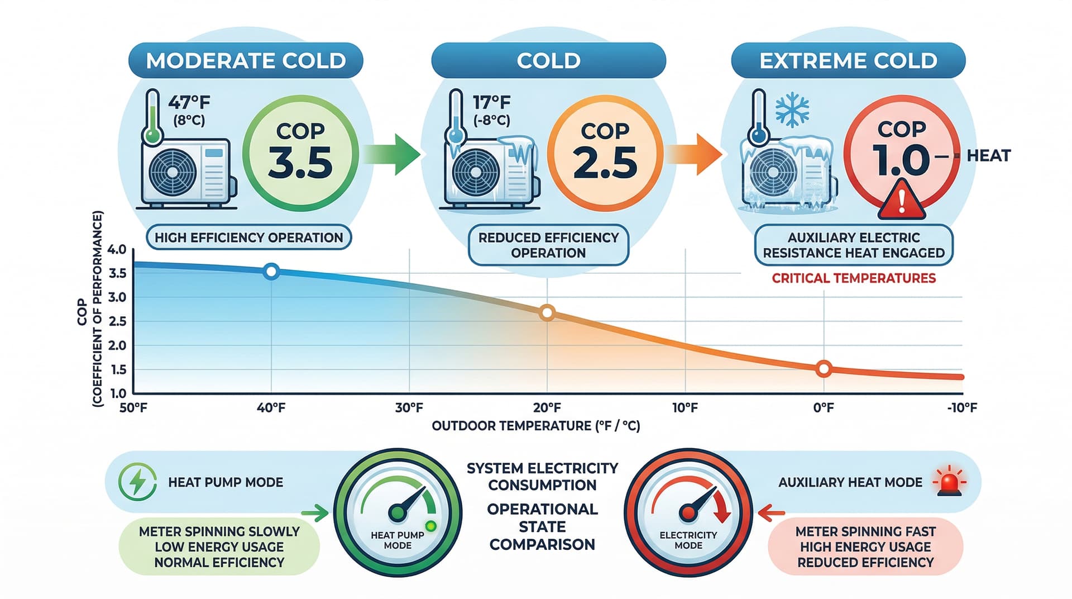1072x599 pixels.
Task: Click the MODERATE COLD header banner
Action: [246, 60]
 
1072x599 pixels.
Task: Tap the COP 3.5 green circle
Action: [300, 153]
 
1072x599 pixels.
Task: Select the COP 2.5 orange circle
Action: [605, 153]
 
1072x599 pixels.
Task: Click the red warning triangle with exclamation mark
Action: [902, 200]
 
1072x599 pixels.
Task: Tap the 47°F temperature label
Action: [189, 103]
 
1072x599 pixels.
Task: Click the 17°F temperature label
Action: [491, 103]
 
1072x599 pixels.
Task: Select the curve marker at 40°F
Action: [271, 272]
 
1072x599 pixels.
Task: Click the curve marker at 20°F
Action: [547, 313]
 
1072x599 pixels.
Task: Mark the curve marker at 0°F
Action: [824, 369]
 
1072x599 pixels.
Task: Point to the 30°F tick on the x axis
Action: [409, 408]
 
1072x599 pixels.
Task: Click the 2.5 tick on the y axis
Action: [117, 321]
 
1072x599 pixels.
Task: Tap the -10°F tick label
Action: [962, 408]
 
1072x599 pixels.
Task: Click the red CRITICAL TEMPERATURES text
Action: [854, 278]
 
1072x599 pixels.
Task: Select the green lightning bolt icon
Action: [137, 482]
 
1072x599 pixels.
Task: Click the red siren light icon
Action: [949, 482]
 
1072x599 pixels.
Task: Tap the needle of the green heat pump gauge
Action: [411, 501]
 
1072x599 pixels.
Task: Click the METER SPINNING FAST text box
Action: [865, 546]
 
